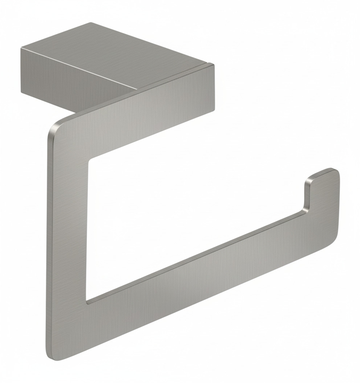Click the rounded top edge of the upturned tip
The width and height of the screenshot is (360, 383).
[323, 171]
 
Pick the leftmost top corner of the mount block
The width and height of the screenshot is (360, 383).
[21, 49]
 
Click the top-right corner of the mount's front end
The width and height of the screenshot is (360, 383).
[214, 65]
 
